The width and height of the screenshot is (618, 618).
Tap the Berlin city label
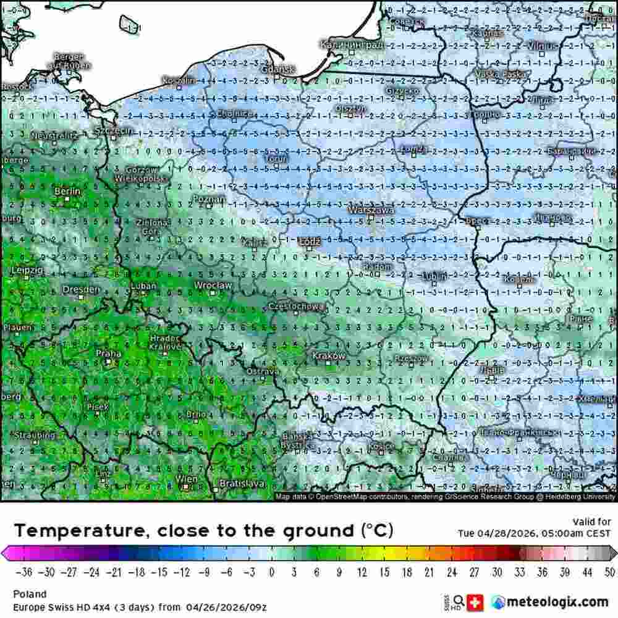(67, 192)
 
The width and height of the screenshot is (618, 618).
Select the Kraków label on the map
(329, 356)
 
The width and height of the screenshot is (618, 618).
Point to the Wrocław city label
(213, 286)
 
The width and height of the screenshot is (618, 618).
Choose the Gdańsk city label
(278, 70)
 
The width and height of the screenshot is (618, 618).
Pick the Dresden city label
(81, 289)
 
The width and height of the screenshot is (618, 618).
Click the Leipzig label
(27, 271)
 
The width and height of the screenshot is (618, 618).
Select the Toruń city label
(276, 159)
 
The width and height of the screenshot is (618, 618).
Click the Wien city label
(187, 480)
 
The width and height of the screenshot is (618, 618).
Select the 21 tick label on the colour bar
(430, 572)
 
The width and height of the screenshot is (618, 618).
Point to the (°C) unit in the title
(376, 530)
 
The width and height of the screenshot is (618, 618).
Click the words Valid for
(591, 522)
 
